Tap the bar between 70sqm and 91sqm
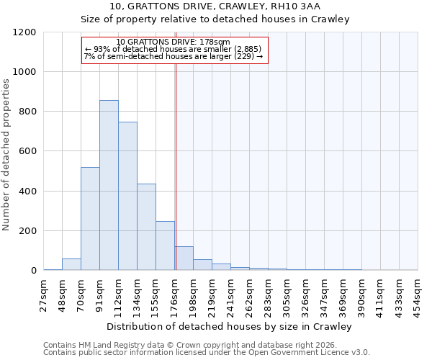coord(90,219)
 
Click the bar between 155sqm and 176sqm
coord(165,246)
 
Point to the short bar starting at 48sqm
coord(71,264)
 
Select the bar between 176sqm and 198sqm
coord(184,258)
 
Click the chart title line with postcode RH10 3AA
coord(230,6)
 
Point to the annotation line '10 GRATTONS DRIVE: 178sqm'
coord(173,42)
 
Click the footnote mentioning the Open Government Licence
coord(207,352)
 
